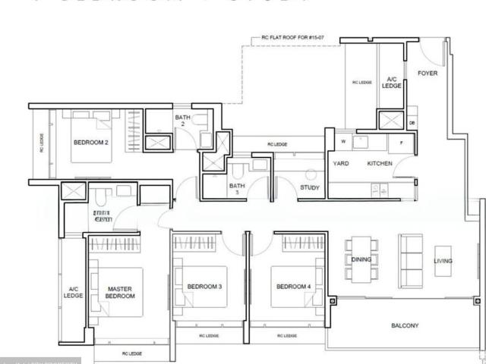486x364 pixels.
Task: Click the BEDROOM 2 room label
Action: [x=91, y=142]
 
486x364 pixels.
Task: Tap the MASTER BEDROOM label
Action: [x=120, y=292]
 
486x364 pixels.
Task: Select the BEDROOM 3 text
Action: [x=204, y=286]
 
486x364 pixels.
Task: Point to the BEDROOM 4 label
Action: [x=294, y=286]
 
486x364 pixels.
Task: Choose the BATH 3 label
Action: [x=237, y=189]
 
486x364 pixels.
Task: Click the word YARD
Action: [x=341, y=163]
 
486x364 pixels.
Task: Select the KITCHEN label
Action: [x=380, y=163]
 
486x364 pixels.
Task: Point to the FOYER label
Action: [x=428, y=74]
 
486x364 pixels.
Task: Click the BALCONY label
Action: [x=405, y=325]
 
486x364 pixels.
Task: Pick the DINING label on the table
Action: [x=361, y=260]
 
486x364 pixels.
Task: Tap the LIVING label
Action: [x=443, y=261]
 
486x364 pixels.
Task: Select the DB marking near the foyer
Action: [x=412, y=122]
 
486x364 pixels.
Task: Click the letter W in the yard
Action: [x=342, y=141]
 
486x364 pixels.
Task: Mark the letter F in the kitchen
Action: [x=400, y=142]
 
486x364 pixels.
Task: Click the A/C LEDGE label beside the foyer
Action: [x=391, y=83]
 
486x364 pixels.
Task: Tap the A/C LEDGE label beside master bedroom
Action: [x=73, y=292]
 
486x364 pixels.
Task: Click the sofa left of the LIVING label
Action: [x=413, y=261]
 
